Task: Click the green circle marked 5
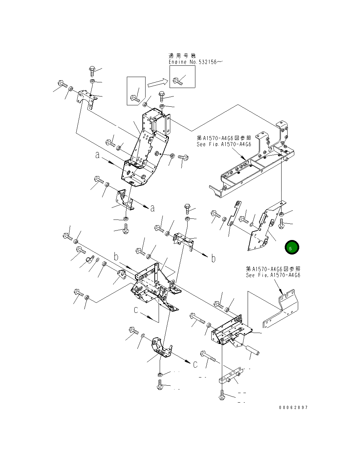pyautogui.click(x=292, y=247)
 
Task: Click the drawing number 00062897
pyautogui.click(x=293, y=408)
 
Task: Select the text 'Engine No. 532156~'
pyautogui.click(x=195, y=62)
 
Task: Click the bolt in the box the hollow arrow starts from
pyautogui.click(x=135, y=99)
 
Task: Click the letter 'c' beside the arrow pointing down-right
pyautogui.click(x=136, y=310)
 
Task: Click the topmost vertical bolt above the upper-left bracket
pyautogui.click(x=92, y=71)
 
